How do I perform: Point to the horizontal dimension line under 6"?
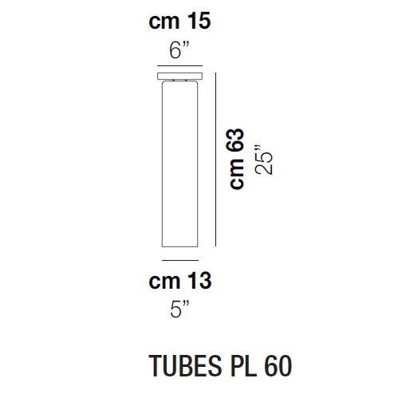coord(183,67)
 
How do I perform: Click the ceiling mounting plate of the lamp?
coord(183,77)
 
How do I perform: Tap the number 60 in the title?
coord(273,365)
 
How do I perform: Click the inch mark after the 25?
coord(261,146)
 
